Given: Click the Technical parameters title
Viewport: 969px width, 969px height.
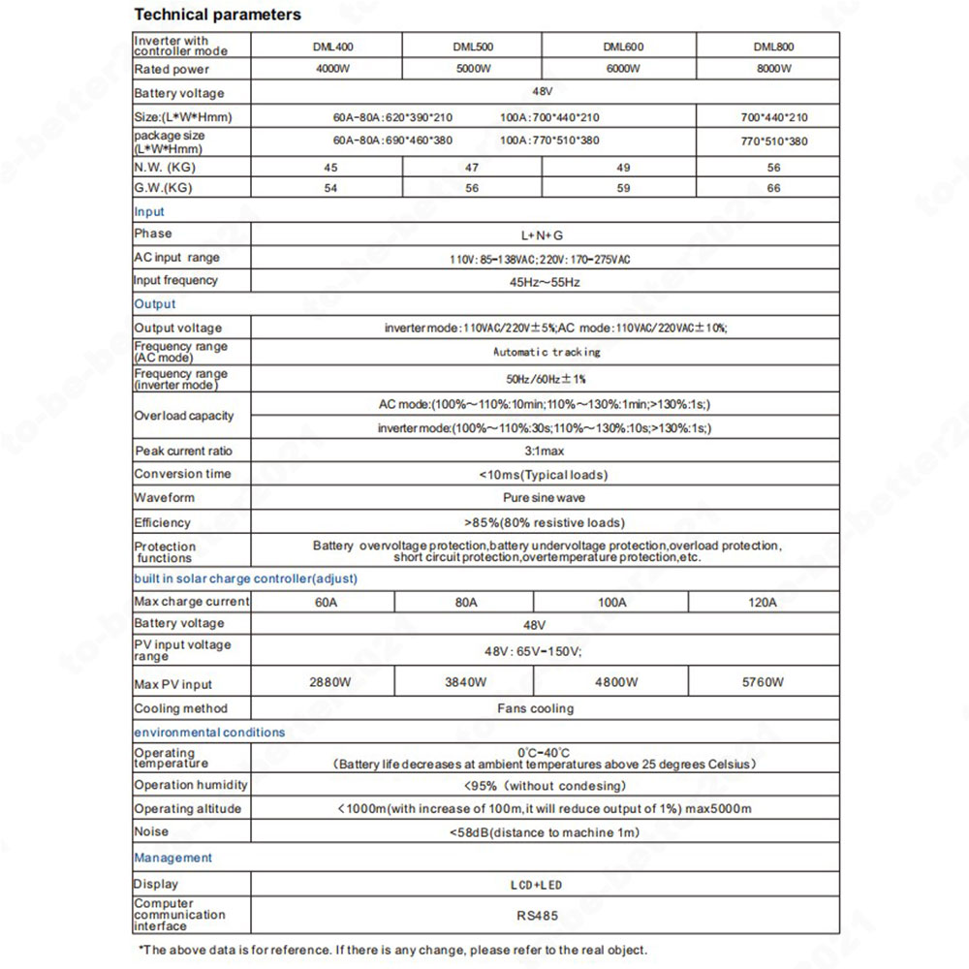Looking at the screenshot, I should pyautogui.click(x=217, y=15).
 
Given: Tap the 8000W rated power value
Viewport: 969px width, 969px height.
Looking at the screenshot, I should pyautogui.click(x=771, y=69).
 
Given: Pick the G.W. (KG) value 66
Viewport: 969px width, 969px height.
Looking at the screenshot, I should pyautogui.click(x=772, y=188).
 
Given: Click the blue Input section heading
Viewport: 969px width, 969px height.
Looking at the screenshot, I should pyautogui.click(x=149, y=211).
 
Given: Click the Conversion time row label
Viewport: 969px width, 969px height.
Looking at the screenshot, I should pyautogui.click(x=182, y=474).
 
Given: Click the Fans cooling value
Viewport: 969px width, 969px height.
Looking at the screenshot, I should pyautogui.click(x=536, y=708).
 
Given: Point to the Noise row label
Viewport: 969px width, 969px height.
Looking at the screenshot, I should pyautogui.click(x=151, y=831).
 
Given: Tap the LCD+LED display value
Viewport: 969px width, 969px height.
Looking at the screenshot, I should pyautogui.click(x=536, y=885).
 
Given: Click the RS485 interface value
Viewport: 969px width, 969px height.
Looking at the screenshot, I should pyautogui.click(x=536, y=914).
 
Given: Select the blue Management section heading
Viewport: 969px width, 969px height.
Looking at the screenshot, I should pyautogui.click(x=172, y=858).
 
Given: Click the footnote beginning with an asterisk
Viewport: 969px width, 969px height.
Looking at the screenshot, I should pyautogui.click(x=392, y=950).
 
